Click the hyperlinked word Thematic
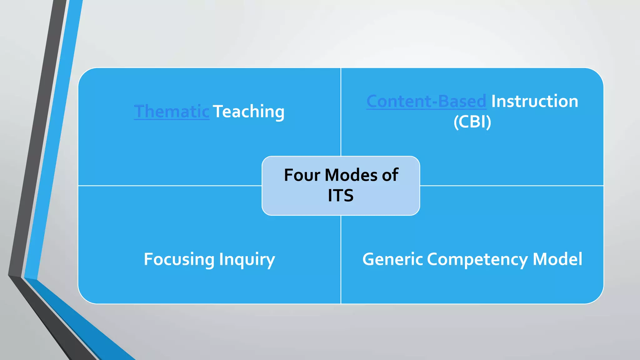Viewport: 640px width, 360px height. tap(172, 112)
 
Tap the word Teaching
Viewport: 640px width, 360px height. tap(249, 112)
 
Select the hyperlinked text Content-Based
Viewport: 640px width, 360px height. tap(426, 102)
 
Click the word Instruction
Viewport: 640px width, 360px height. tap(534, 102)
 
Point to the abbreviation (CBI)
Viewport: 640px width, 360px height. tap(472, 122)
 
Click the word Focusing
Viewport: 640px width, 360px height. tap(179, 259)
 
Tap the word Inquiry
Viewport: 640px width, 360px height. tap(247, 259)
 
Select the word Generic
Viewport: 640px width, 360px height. tap(392, 259)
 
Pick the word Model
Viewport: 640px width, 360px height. tap(557, 259)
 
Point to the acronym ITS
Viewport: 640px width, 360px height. tap(341, 196)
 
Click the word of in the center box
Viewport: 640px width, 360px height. tap(390, 175)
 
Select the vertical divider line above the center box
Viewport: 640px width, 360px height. tap(341, 112)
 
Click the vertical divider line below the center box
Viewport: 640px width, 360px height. tap(341, 259)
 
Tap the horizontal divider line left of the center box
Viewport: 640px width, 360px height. tap(169, 186)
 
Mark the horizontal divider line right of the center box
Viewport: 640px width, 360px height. tap(512, 186)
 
